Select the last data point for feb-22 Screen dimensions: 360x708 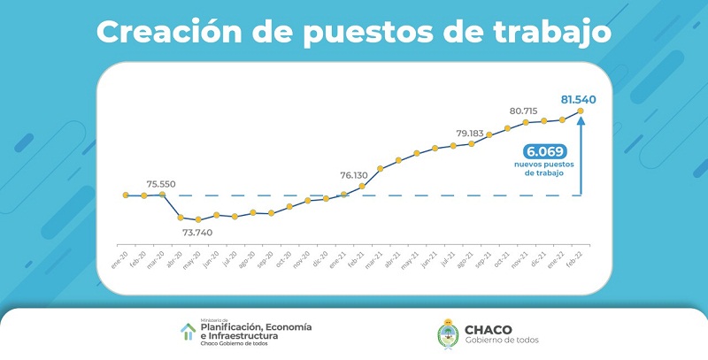581,111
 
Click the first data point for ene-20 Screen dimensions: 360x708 127,195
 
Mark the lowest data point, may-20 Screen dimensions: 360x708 199,219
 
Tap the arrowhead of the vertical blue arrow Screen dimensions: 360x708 581,123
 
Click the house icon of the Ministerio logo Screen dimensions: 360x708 188,332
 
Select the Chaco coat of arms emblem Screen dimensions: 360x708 448,333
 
